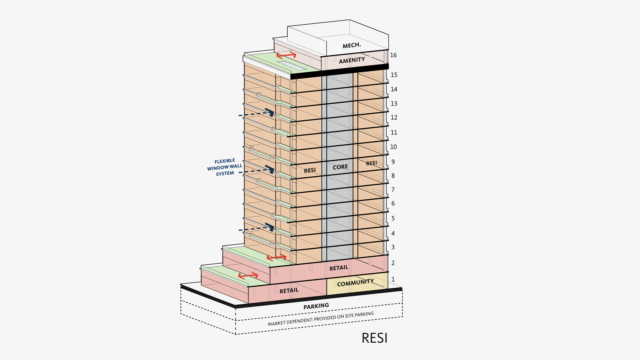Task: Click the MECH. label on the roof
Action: pos(352,45)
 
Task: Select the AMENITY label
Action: pos(352,60)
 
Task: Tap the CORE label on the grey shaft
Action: pos(340,167)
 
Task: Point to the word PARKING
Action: pos(316,306)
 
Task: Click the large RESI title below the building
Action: pos(374,338)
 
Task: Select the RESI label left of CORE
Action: pos(310,171)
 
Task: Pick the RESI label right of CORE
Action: pos(372,163)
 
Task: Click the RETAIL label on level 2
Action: pos(339,268)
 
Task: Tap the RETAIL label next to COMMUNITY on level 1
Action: pos(289,291)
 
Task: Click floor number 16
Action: pos(393,55)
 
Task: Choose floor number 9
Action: pos(393,162)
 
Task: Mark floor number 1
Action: pos(393,279)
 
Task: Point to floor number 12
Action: pos(394,117)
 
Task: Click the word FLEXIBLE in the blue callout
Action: pos(225,161)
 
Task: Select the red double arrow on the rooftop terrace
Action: pos(286,55)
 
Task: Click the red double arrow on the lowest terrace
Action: pos(248,276)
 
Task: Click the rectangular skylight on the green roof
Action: pos(292,66)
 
